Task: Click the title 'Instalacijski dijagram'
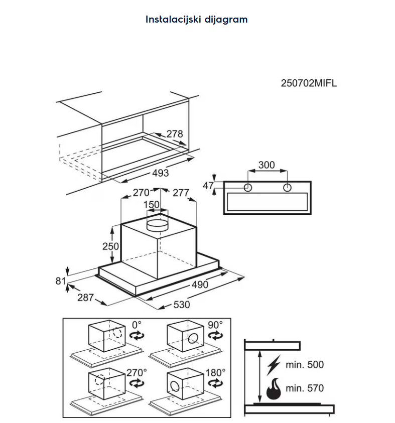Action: coord(196,20)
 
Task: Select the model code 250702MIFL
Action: coord(308,84)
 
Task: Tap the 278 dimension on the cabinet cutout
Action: coord(174,134)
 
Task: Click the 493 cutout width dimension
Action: coord(160,173)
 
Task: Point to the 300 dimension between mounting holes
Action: coord(267,165)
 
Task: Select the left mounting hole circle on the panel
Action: coord(248,188)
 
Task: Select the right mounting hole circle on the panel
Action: coord(287,188)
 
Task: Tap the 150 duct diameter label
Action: coord(152,205)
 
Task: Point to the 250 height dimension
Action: coord(110,246)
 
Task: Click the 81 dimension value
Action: coord(61,281)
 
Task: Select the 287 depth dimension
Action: coord(86,298)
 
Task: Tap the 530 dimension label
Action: coord(181,305)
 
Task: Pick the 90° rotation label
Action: coord(216,325)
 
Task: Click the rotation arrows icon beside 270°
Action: coord(136,383)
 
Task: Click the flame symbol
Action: coord(273,388)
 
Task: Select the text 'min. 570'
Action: coord(305,388)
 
